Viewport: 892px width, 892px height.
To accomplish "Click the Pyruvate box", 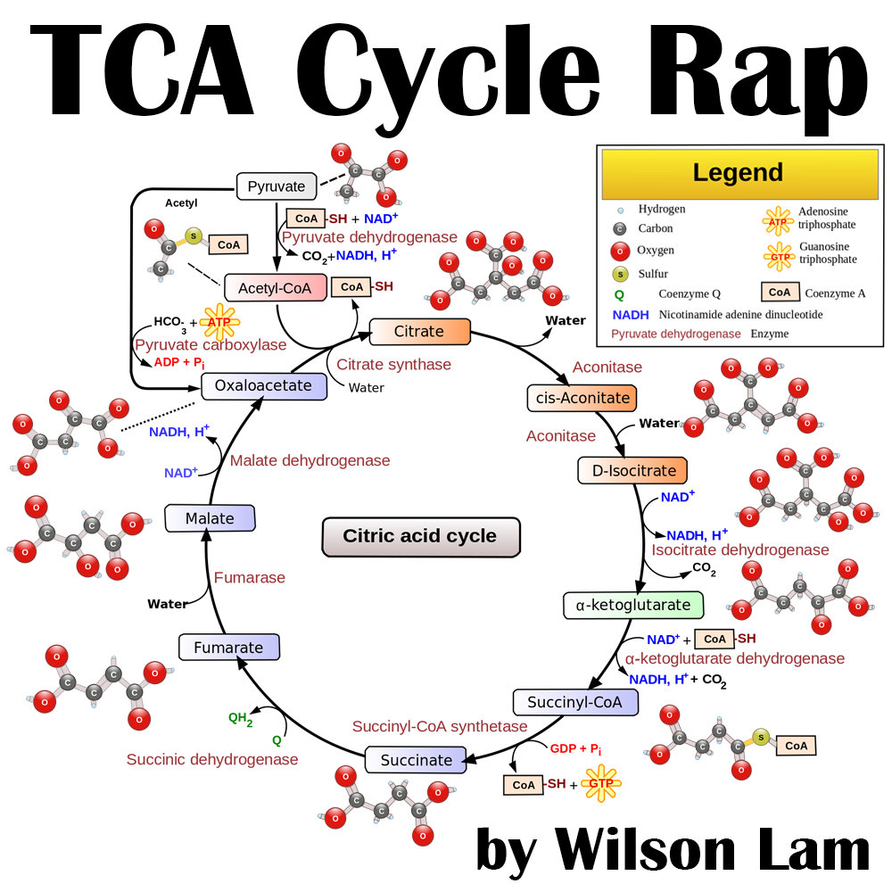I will pos(277,187).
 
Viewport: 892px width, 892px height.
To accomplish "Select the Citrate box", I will pos(419,332).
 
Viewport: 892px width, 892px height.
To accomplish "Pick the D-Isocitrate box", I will pos(633,470).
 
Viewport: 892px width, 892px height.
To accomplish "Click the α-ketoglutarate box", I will pos(633,606).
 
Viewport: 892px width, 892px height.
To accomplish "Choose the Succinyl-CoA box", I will pos(575,702).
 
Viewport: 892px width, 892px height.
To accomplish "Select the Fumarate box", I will pos(229,648).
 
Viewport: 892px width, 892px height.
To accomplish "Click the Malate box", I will pos(211,518).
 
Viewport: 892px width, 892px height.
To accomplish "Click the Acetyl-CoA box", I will pos(276,287).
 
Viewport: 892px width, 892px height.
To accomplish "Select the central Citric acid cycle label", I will pos(420,537).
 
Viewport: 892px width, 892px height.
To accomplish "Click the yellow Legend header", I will pos(738,173).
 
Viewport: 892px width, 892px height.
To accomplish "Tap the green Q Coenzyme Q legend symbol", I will pos(618,293).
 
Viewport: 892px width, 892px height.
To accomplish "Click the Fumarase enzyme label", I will pos(250,578).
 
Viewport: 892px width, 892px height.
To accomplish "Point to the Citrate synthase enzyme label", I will pos(393,364).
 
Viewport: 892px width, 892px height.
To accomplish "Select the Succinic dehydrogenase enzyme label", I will pos(211,759).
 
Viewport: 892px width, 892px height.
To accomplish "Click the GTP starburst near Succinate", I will pos(600,784).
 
